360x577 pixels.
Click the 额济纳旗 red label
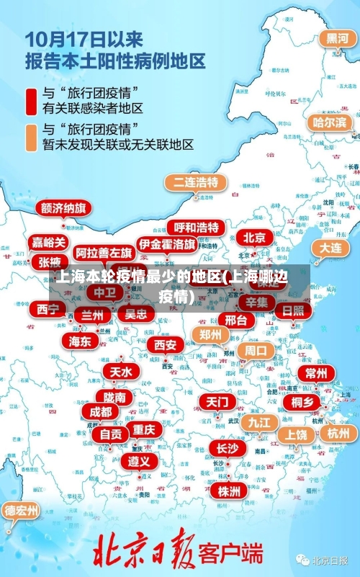pos(63,208)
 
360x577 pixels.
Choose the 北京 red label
pos(254,237)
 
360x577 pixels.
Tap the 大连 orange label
pos(330,247)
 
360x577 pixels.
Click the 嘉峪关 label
pos(49,243)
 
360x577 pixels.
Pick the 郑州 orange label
pos(210,334)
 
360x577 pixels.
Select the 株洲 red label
pos(229,470)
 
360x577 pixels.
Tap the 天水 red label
pos(120,372)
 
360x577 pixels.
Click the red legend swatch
pos(32,102)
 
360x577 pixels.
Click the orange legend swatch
pos(32,137)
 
